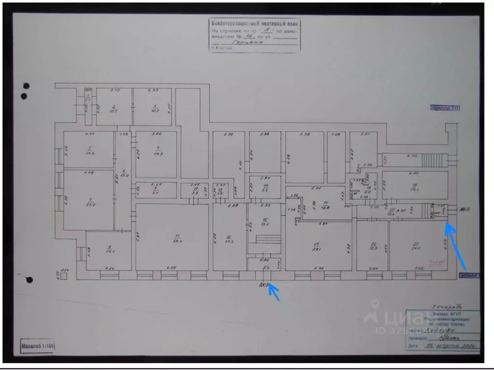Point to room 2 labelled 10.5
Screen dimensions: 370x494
point(114,109)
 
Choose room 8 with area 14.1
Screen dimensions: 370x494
point(108,250)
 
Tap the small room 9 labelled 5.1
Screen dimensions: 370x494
point(156,190)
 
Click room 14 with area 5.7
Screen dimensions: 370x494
point(265,189)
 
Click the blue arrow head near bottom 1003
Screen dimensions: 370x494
point(271,288)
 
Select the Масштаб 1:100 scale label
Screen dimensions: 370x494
point(38,345)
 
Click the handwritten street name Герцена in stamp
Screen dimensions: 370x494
point(247,42)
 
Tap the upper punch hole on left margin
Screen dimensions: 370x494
point(26,86)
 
